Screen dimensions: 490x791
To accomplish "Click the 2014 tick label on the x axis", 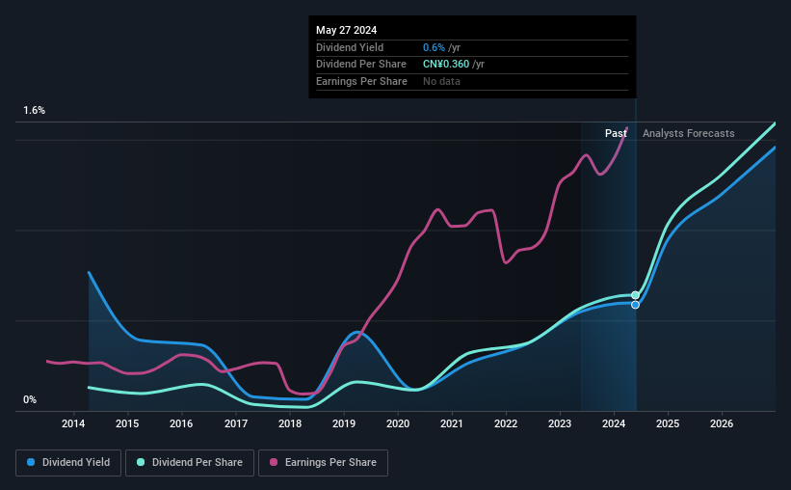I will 74,423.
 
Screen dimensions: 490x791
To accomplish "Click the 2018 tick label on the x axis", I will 290,423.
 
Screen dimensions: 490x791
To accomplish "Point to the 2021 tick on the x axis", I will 452,423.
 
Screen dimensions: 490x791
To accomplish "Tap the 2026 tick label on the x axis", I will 722,423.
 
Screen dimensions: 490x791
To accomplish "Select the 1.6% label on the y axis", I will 35,111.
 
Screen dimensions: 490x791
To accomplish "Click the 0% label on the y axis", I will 30,399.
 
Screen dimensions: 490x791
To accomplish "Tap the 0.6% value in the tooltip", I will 433,47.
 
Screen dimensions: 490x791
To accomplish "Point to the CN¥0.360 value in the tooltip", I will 446,64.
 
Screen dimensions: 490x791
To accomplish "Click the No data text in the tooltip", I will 441,81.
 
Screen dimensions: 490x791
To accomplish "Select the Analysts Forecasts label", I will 688,133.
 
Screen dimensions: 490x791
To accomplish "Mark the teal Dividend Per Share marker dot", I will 635,295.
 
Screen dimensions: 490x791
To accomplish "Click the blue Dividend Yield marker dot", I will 635,305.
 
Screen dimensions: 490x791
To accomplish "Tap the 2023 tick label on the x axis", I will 560,423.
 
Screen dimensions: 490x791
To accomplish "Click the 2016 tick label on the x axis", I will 182,423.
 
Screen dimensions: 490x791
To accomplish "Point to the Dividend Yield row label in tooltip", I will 350,47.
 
